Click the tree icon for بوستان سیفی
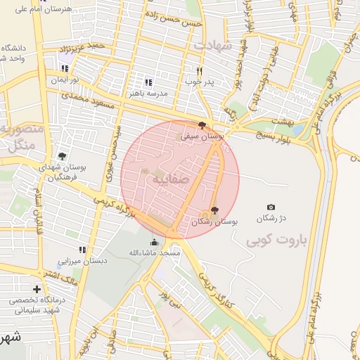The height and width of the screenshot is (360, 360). (202, 125)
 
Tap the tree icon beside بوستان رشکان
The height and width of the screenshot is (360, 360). (214, 210)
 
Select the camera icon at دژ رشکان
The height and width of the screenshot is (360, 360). (271, 207)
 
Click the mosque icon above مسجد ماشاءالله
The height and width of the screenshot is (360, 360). (155, 243)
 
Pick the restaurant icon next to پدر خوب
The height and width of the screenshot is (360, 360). (200, 71)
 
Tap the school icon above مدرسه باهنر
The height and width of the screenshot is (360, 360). (148, 82)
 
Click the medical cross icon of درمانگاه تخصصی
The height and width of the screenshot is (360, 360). (37, 289)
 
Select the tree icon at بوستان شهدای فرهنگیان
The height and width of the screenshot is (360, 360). (62, 156)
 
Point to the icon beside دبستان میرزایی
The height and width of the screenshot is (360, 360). (82, 250)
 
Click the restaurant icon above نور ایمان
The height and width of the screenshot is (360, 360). (65, 69)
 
